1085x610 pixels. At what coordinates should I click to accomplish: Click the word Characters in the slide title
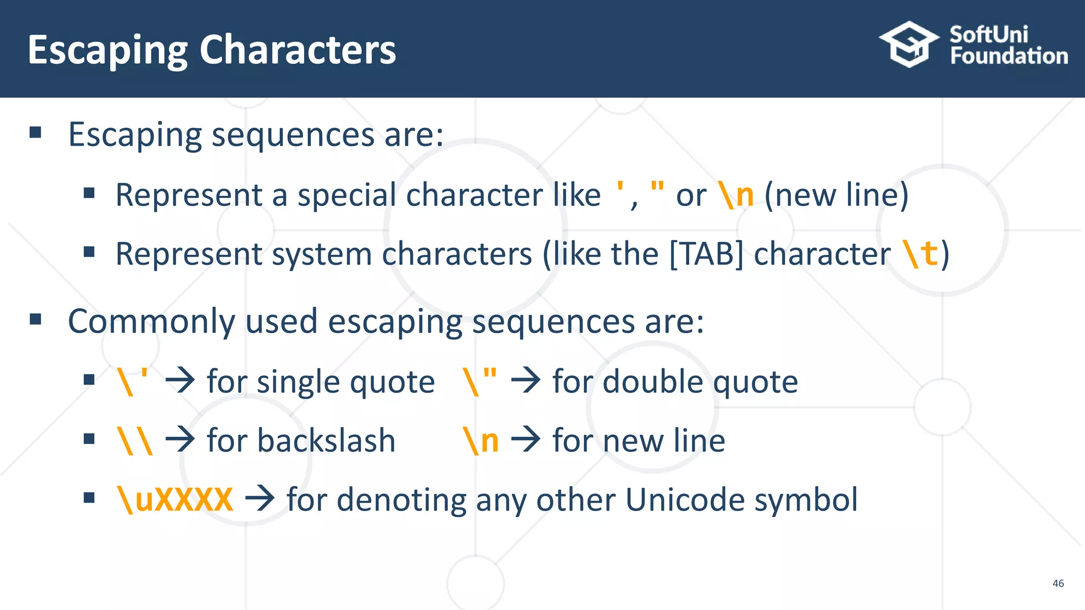tap(297, 50)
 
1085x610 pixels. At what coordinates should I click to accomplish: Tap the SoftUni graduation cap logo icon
tap(909, 44)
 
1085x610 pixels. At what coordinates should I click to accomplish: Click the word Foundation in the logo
tap(1009, 56)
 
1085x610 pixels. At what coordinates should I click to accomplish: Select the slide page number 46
tap(1058, 583)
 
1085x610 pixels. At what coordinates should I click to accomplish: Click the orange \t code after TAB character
tap(921, 254)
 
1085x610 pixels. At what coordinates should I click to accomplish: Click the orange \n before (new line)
tap(736, 195)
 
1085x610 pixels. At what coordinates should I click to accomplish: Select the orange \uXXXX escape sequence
tap(175, 499)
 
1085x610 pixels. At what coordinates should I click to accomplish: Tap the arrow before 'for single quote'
tap(180, 381)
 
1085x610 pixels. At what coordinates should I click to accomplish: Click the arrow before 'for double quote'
tap(526, 381)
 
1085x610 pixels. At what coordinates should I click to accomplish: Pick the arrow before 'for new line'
tap(526, 441)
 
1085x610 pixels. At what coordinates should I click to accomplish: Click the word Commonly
tap(152, 321)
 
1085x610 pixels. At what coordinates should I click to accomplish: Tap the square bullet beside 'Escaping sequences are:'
tap(35, 132)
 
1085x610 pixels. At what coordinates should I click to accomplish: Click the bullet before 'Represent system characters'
tap(89, 252)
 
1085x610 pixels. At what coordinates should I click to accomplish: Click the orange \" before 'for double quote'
tap(480, 381)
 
